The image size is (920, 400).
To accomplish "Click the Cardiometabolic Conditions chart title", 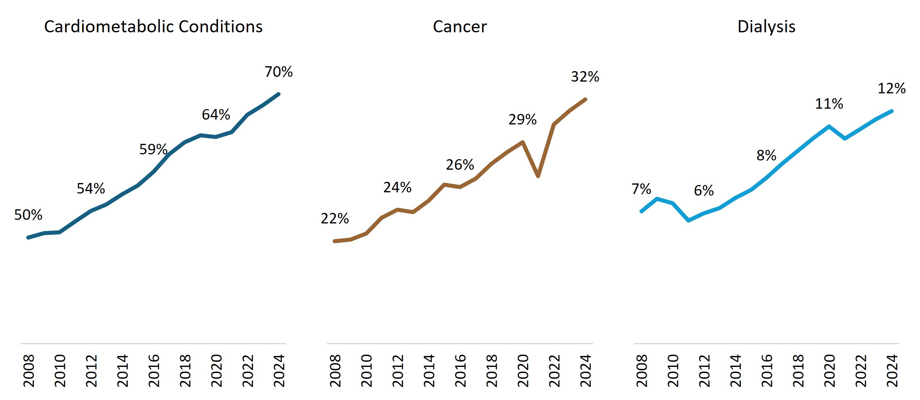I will click(153, 27).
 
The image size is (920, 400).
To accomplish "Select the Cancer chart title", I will click(460, 27).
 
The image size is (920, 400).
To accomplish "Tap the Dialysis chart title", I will click(766, 27).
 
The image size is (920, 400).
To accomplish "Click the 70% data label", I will click(279, 72).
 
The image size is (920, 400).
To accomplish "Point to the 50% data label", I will click(28, 215).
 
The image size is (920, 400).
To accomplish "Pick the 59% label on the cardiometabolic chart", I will click(153, 149).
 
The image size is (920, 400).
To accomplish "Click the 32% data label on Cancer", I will click(585, 77).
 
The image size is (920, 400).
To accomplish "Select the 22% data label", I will click(335, 219).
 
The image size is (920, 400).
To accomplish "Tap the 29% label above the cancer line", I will click(522, 120).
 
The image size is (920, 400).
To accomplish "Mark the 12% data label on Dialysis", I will click(891, 88).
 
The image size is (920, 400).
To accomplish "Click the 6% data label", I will click(704, 191).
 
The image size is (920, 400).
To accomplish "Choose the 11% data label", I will click(829, 104).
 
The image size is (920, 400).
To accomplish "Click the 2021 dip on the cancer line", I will click(538, 176).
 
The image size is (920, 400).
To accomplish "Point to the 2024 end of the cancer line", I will click(585, 99).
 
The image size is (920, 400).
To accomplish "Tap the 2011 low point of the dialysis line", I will click(688, 221).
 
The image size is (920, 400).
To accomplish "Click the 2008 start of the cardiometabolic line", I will click(28, 238).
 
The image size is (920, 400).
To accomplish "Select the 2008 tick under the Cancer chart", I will click(335, 371).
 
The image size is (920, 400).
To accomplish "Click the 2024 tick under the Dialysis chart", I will click(892, 371).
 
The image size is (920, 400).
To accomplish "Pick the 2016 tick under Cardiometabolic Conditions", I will click(154, 371).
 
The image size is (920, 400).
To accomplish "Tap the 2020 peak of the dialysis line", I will click(829, 126).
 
